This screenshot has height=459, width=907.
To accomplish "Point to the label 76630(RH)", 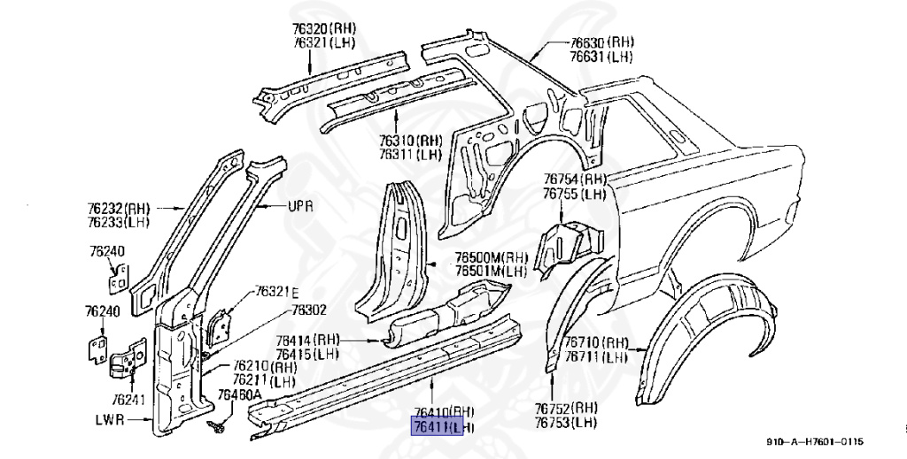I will [x=601, y=42].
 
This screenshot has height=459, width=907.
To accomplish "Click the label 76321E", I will [x=278, y=292].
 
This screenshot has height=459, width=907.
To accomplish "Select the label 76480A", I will [x=240, y=394].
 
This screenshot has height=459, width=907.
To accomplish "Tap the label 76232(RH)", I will [x=118, y=208].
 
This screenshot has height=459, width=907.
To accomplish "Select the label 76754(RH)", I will [x=575, y=180].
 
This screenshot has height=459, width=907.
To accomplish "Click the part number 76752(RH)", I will [x=567, y=408].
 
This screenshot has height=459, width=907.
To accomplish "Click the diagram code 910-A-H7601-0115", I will [x=815, y=442].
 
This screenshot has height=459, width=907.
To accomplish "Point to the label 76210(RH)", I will [x=265, y=367].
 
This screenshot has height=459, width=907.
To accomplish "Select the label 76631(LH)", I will [x=601, y=57].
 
